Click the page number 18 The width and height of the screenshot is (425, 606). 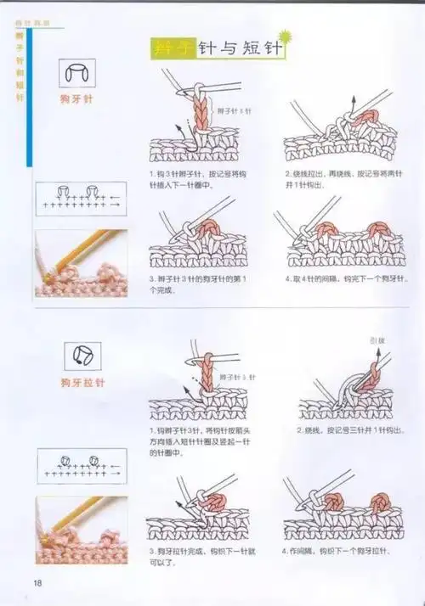38,582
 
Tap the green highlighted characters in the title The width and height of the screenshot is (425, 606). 173,48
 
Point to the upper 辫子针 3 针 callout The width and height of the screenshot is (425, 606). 234,111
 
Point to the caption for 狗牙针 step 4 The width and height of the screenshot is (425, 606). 340,279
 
